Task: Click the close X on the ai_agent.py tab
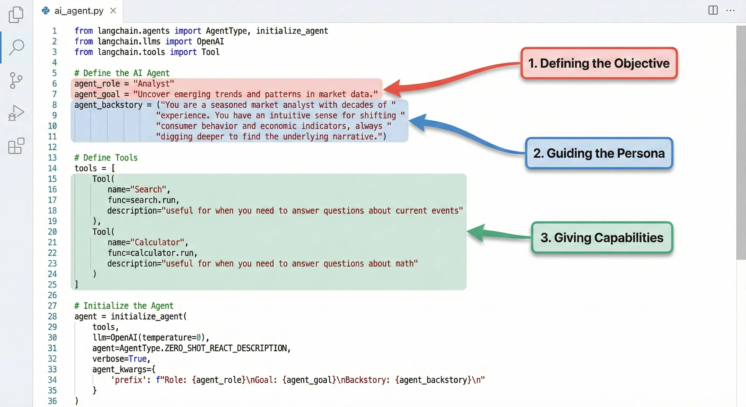click(x=113, y=11)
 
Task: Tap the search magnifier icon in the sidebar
click(x=16, y=47)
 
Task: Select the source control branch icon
click(x=16, y=80)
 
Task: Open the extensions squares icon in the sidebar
click(x=16, y=146)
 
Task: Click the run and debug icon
click(x=16, y=113)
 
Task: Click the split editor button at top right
click(x=713, y=10)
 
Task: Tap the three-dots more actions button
click(x=730, y=11)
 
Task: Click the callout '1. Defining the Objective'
click(x=599, y=63)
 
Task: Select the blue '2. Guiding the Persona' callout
click(x=599, y=153)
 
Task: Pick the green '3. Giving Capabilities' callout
click(x=602, y=237)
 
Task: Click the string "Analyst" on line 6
click(x=153, y=84)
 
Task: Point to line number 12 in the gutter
click(x=52, y=147)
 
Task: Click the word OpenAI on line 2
click(x=210, y=41)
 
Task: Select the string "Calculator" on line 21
click(x=157, y=242)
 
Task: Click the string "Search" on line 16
click(x=148, y=189)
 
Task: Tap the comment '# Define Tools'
click(x=106, y=158)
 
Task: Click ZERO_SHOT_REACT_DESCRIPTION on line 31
click(x=226, y=348)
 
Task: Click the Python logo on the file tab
click(x=46, y=11)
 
